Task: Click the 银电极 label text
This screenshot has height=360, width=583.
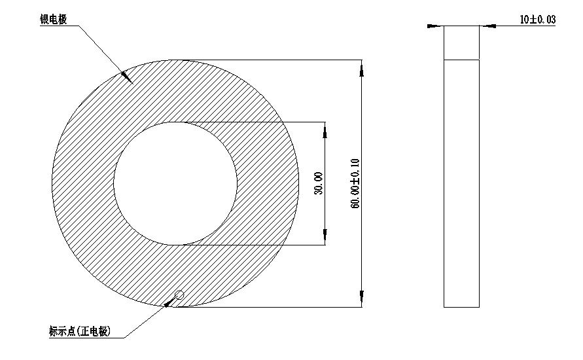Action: coord(53,20)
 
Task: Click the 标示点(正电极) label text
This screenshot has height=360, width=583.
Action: coord(80,332)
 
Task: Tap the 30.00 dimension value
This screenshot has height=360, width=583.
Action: coord(319,184)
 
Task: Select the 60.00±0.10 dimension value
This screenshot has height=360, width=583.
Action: coord(355,184)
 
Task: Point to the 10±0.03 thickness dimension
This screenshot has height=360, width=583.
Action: coord(537,20)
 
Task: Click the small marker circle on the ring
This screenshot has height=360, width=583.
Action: coord(179,296)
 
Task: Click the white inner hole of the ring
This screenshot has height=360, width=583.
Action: coord(175,183)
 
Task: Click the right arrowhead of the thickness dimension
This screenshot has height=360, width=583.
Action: coord(488,26)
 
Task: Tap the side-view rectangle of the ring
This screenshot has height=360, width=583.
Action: coord(461,183)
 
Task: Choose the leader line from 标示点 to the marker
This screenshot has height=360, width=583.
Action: coord(144,321)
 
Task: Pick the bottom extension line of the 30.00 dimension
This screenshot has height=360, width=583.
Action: coord(262,245)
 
